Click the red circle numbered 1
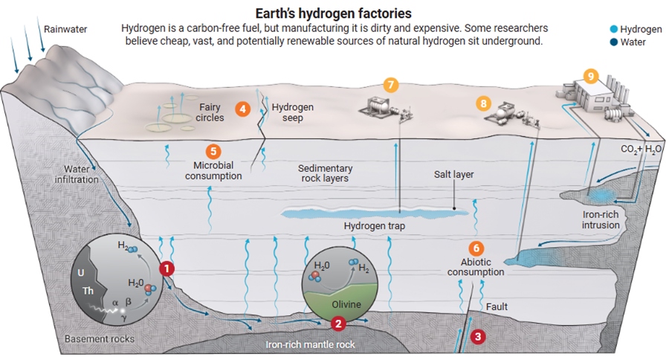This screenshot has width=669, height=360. pos(168,268)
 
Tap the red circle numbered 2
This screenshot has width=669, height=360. pos(338,323)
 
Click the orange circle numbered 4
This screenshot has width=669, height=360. pos(242,109)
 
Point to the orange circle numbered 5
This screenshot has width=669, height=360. pos(213,151)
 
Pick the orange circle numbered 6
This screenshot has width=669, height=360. pos(476,248)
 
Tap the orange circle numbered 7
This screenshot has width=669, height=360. pos(391,84)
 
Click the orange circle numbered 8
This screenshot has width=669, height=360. pos(485,103)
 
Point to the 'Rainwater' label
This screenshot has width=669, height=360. pos(65,29)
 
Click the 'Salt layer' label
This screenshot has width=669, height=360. pos(453,175)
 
